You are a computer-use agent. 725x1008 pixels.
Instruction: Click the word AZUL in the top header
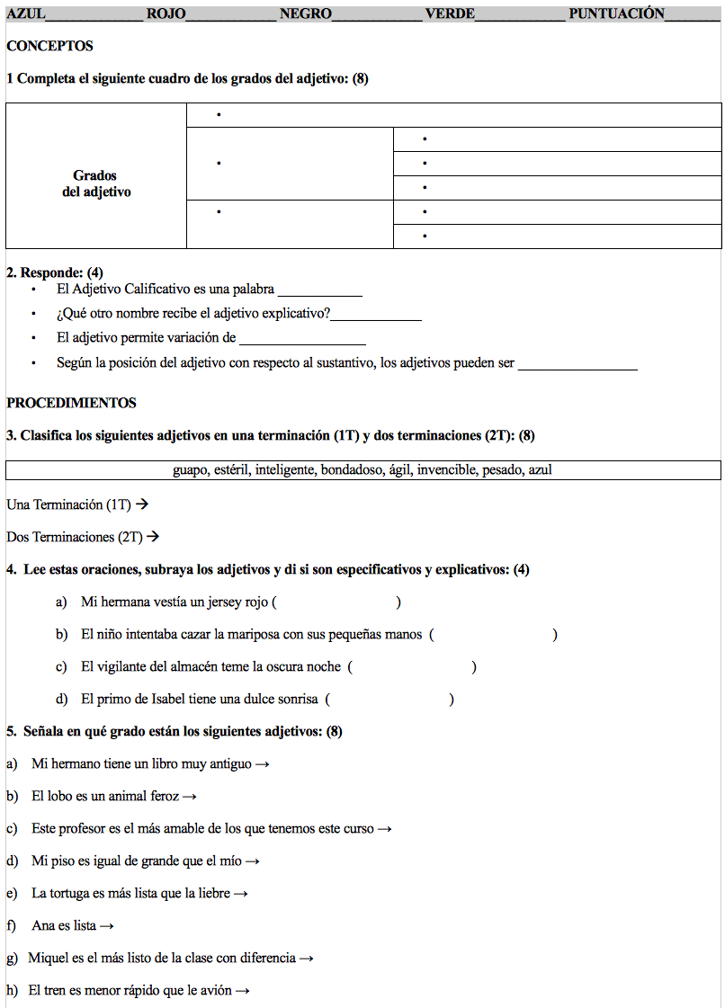(26, 13)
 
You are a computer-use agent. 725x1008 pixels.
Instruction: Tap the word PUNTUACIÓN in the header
(616, 13)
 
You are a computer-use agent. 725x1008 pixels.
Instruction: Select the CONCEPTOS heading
(49, 46)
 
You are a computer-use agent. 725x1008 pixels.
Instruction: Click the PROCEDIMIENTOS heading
(71, 403)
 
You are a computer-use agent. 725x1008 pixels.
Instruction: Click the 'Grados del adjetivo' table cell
(95, 183)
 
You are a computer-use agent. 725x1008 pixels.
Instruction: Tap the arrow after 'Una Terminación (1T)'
(141, 504)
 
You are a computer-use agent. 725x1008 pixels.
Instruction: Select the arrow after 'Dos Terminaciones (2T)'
(153, 537)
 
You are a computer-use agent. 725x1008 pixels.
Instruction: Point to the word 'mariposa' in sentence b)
(254, 634)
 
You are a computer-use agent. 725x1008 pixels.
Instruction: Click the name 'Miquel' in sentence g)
(49, 958)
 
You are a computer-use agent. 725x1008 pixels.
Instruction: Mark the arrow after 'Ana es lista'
(107, 926)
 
